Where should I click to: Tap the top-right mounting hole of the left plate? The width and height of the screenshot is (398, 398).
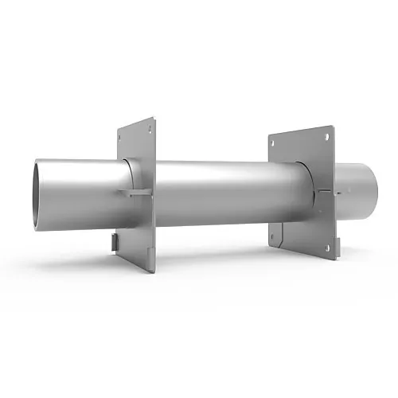pyautogui.click(x=148, y=123)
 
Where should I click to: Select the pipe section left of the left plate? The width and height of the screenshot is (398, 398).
pyautogui.click(x=80, y=191)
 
